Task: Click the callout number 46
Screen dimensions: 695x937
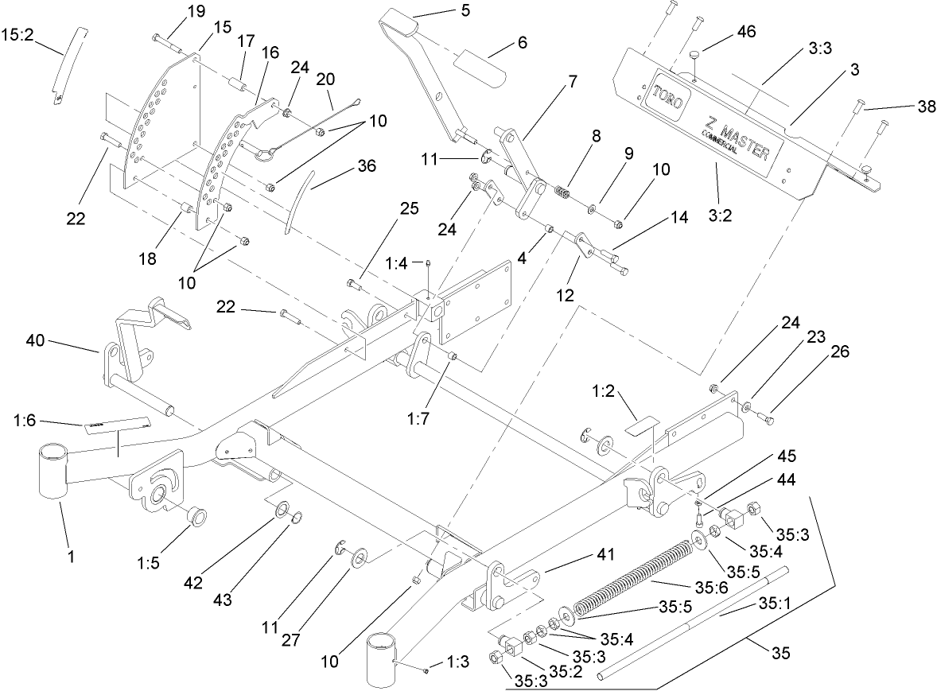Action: point(746,33)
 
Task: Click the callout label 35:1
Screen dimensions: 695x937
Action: point(772,604)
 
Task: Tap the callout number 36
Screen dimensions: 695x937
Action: point(344,166)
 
